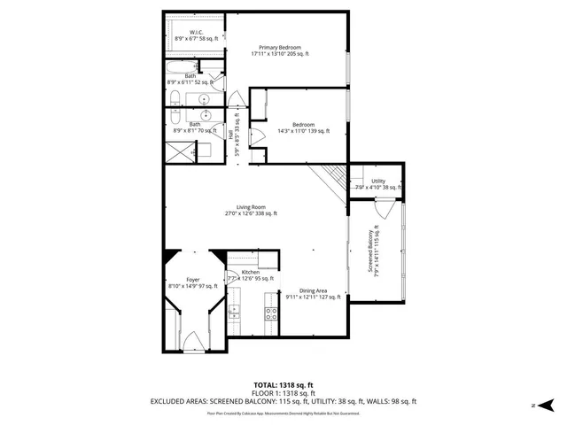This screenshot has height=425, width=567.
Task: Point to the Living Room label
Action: click(251, 210)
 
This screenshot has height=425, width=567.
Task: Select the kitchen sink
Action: click(234, 310)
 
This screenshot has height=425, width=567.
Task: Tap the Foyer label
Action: click(192, 282)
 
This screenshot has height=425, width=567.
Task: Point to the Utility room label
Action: click(378, 183)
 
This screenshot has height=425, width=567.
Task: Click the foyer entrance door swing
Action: click(194, 339)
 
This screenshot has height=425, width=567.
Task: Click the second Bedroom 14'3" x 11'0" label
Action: click(304, 127)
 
